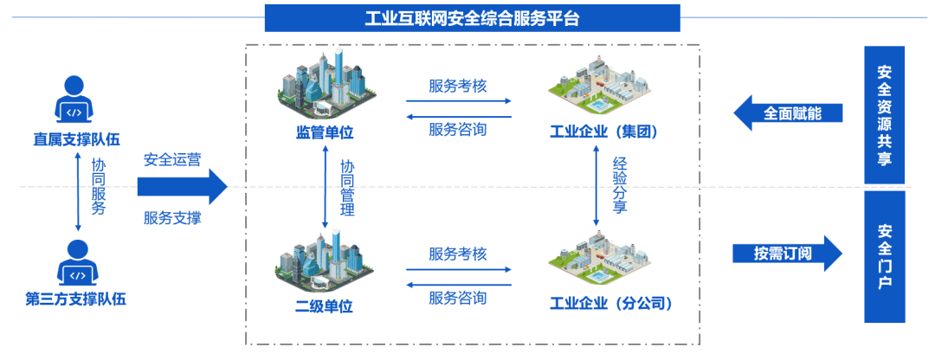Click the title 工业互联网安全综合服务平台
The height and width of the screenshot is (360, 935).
472,17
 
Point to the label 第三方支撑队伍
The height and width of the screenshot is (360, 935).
75,300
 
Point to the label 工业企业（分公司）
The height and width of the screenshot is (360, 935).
611,304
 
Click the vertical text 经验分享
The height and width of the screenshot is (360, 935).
620,186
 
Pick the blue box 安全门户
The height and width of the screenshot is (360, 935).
884,257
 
